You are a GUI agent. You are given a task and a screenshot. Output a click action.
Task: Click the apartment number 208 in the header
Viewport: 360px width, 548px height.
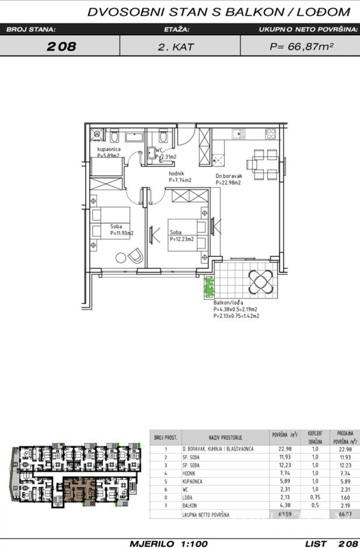point(61,47)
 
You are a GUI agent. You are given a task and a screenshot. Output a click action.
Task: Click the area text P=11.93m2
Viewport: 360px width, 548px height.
point(121,234)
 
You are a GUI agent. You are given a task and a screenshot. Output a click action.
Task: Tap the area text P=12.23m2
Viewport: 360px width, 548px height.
point(182,239)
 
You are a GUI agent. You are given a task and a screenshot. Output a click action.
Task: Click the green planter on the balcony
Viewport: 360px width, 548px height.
point(208,288)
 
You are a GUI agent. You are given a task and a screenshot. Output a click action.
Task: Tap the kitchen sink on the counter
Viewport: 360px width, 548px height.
point(237,133)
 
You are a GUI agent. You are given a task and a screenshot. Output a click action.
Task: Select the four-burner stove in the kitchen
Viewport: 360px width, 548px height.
point(271,134)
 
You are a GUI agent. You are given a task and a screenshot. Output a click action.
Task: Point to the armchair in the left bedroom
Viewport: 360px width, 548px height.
point(136,256)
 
